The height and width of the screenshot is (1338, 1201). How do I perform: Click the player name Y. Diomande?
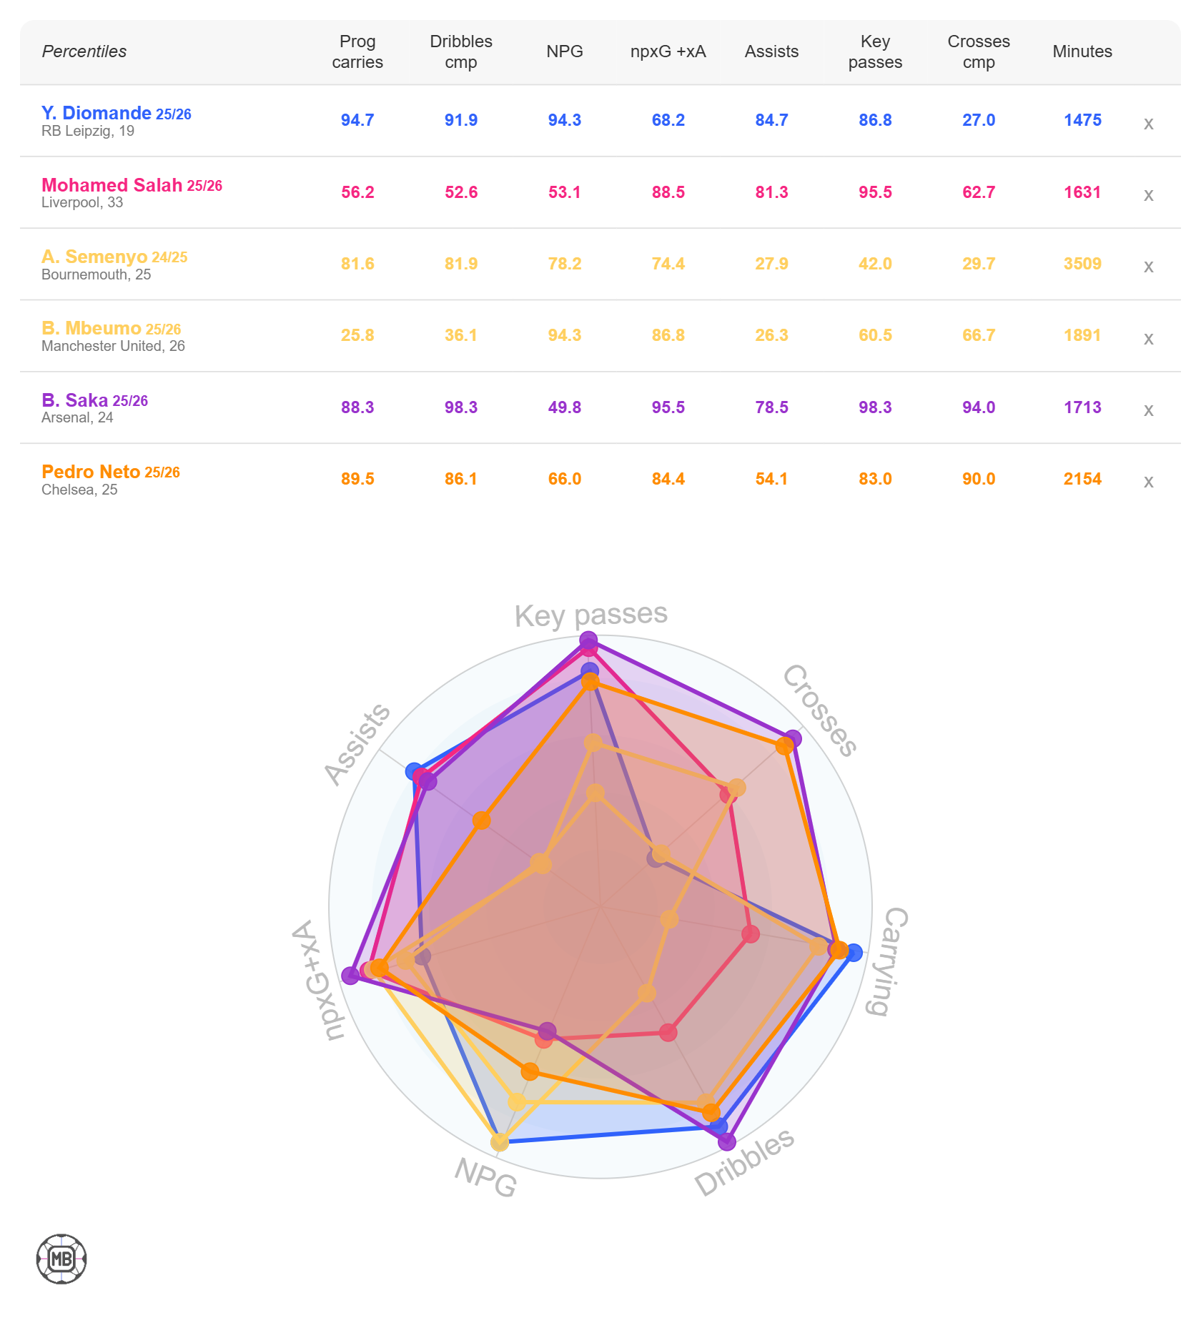tap(96, 113)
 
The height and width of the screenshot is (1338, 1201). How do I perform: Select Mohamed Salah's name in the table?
tap(112, 185)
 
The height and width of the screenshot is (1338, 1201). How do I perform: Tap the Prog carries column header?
tap(357, 51)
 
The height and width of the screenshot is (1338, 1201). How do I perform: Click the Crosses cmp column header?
tap(978, 51)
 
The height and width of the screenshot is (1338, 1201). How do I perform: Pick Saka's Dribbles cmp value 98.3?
tap(461, 407)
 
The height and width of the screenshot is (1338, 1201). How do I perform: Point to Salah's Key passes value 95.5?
tap(875, 192)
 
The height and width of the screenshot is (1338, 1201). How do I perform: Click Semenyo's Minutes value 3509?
tap(1082, 264)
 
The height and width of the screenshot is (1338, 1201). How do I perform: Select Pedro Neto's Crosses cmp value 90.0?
tap(978, 479)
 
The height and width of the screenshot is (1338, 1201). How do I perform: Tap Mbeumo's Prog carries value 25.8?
tap(357, 335)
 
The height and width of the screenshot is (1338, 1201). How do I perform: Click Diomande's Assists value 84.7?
tap(771, 120)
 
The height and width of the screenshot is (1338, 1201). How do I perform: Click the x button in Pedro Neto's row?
tap(1148, 481)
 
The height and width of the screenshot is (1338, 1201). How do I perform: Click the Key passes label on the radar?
tap(590, 615)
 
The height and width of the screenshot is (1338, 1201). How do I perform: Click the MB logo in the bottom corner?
tap(61, 1259)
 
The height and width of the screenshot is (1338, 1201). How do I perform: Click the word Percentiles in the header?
tap(84, 51)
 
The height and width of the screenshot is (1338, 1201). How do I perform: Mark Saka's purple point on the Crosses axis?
tap(792, 739)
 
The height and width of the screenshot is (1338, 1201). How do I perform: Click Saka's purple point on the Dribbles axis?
tap(726, 1141)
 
